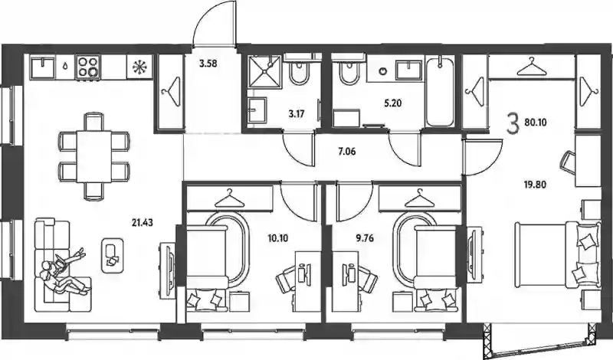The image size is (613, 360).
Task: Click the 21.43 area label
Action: click(x=143, y=223)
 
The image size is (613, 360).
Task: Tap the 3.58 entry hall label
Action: click(x=208, y=64)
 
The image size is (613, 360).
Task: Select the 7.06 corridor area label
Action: click(x=347, y=151)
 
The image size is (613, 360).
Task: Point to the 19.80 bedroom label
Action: click(x=535, y=184)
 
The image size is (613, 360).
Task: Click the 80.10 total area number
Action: click(x=536, y=123)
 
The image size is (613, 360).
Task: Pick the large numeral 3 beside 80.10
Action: click(x=513, y=123)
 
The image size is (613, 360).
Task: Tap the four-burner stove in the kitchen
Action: click(x=89, y=67)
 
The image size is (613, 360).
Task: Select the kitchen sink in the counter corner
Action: click(x=43, y=67)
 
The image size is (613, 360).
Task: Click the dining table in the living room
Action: click(x=94, y=156)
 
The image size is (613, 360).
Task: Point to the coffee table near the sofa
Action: click(x=112, y=256)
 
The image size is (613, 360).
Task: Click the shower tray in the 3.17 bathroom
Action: click(x=265, y=71)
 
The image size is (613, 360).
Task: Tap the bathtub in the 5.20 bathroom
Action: click(x=440, y=92)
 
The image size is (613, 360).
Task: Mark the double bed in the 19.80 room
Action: click(x=558, y=256)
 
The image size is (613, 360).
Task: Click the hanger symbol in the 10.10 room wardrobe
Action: click(x=229, y=199)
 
